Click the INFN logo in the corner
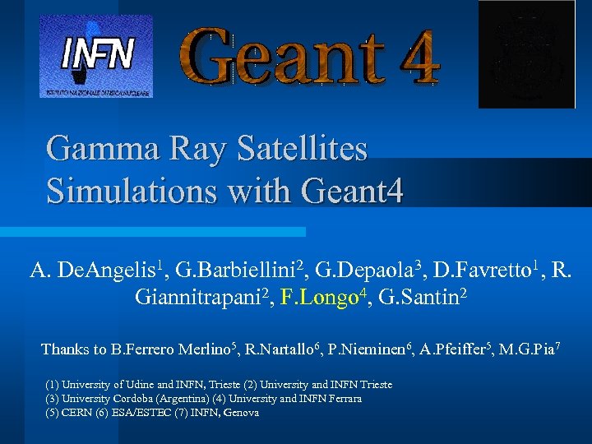(97, 55)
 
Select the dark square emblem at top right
(526, 54)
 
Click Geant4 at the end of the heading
(354, 192)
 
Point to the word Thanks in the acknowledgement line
(63, 349)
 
